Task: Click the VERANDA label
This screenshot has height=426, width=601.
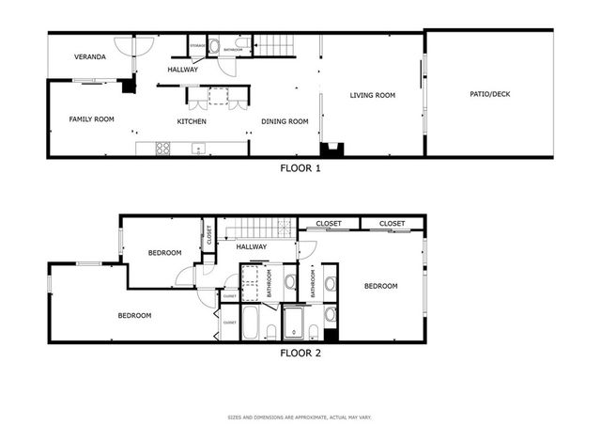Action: pos(90,57)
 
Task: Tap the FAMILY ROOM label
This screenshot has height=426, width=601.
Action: pos(91,119)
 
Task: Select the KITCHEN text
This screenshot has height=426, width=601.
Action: pos(192,121)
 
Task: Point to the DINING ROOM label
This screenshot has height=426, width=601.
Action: pos(285,121)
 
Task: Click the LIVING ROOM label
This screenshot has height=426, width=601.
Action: pos(372,95)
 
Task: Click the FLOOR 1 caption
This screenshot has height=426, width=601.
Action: pos(300,169)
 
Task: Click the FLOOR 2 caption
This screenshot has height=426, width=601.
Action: pos(300,354)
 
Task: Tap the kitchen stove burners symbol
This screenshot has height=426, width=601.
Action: pos(162,148)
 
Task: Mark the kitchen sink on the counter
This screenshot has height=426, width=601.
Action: pos(198,148)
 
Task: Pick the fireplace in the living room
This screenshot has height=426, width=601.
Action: pos(333,149)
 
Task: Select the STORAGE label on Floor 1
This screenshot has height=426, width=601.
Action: pos(197,45)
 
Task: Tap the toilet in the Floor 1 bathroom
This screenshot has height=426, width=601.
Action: pos(214,45)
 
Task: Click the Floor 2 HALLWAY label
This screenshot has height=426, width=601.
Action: pos(252,247)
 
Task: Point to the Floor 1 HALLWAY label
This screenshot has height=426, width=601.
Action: pos(182,70)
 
